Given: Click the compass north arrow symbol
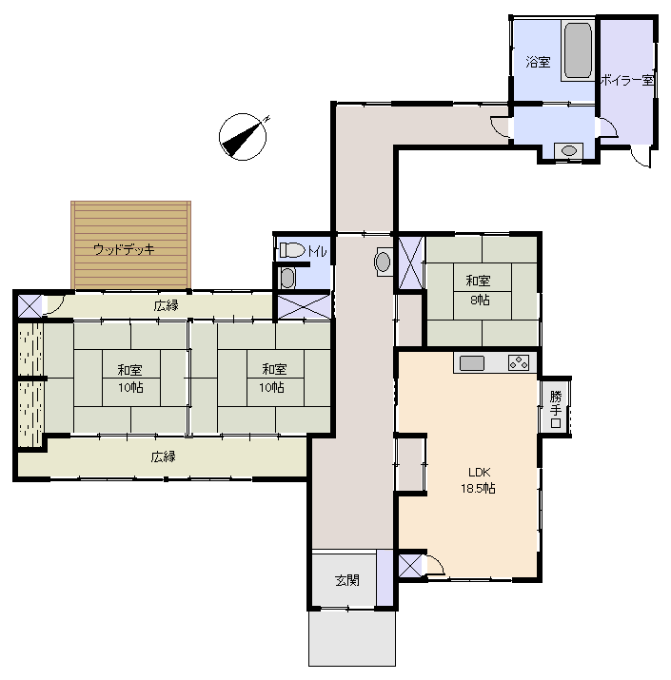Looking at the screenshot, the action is (x=243, y=137).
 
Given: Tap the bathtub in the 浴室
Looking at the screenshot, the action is (x=578, y=50).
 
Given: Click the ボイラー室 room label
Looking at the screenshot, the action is (x=626, y=80).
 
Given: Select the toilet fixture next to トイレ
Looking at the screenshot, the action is (x=292, y=250).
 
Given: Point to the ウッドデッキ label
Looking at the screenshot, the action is (x=124, y=249).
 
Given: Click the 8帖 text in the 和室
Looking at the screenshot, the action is (x=480, y=300).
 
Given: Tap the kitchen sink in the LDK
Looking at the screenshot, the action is (x=472, y=363).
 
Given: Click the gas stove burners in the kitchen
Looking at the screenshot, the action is (x=519, y=362).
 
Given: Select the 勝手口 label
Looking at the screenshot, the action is (x=556, y=409).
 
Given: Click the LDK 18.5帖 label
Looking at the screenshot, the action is (x=479, y=480).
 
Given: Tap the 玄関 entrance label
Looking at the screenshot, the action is (x=347, y=580).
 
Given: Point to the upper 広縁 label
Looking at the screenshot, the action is (x=167, y=305).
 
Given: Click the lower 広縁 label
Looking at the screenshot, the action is (x=163, y=457).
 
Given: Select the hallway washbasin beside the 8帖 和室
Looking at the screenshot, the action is (x=383, y=262).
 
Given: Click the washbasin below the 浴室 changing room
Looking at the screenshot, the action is (x=568, y=150).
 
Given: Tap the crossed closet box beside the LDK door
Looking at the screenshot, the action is (x=410, y=566).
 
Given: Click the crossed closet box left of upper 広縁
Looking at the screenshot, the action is (x=30, y=305).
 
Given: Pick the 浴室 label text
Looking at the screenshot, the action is (x=538, y=62).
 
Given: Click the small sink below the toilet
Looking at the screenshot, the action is (x=287, y=278).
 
